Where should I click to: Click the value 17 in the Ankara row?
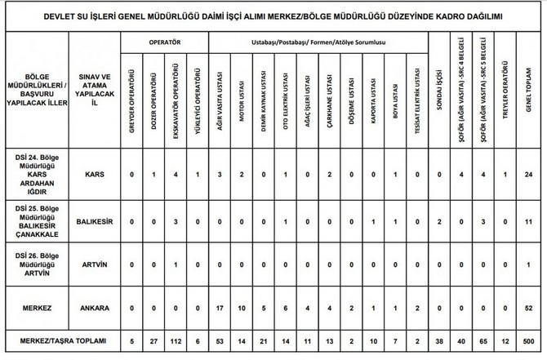tap(219, 309)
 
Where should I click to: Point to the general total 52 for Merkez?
tap(528, 309)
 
